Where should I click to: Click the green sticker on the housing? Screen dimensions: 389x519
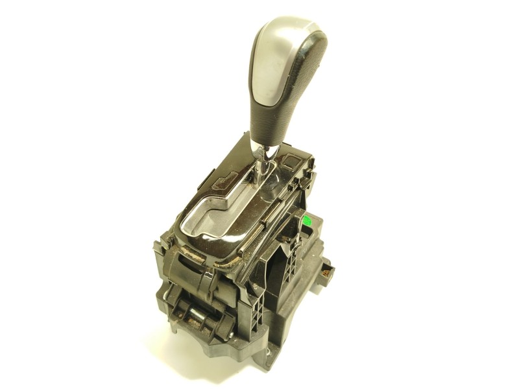coord(309,220)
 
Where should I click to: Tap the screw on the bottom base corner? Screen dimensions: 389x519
coord(265,355)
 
